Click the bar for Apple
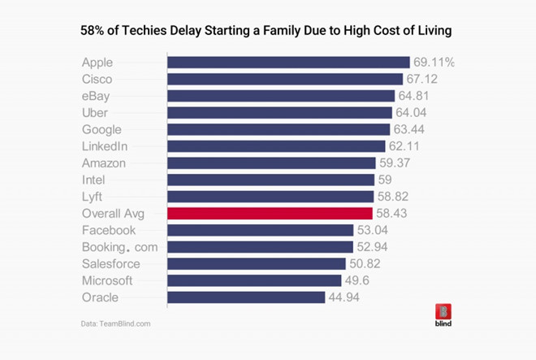click(288, 63)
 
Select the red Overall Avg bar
click(270, 214)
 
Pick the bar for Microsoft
click(254, 280)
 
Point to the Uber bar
click(279, 113)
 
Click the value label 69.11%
click(434, 63)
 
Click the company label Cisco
click(97, 80)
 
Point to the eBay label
click(96, 96)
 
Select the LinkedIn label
click(105, 146)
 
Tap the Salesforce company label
click(111, 264)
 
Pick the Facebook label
click(108, 230)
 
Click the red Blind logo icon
click(443, 311)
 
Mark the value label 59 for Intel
click(386, 180)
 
